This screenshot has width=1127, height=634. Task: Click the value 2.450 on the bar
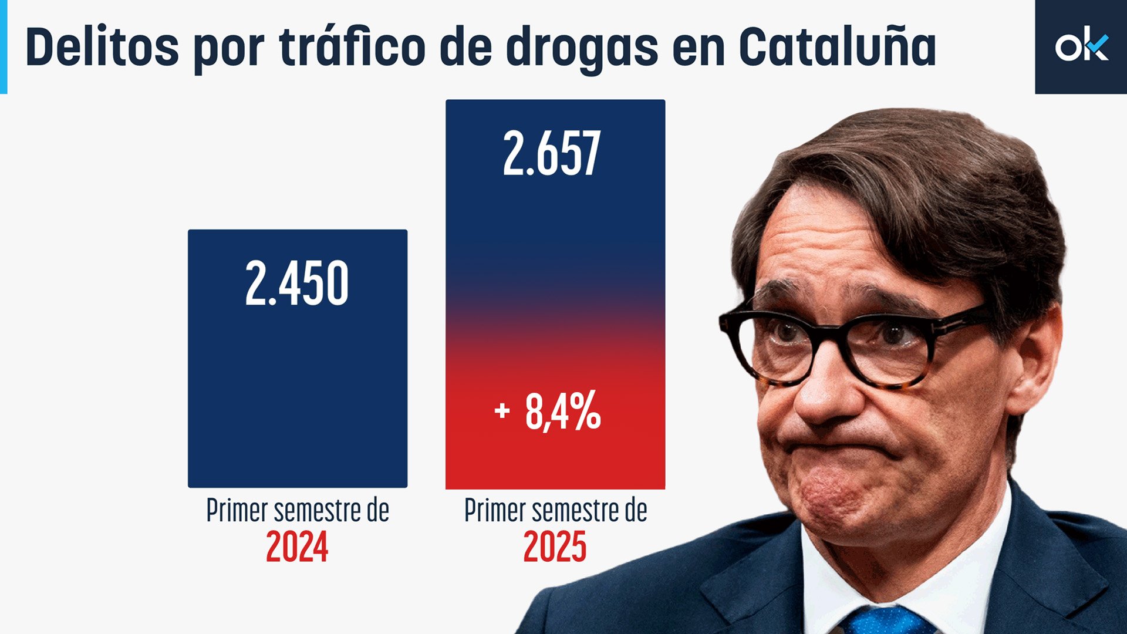[x=296, y=284]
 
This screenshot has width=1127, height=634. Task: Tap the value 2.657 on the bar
[x=552, y=154]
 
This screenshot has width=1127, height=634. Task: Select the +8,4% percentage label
[x=548, y=411]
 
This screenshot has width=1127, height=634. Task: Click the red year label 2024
[x=296, y=548]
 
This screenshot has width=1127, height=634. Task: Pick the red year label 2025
[x=555, y=548]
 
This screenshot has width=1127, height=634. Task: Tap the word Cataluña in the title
[x=837, y=47]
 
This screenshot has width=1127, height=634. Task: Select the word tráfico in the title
[x=352, y=47]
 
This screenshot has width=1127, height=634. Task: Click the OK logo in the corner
[x=1081, y=47]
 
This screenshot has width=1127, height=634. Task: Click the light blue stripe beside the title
[x=3, y=47]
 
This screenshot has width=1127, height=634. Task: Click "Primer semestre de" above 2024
[x=298, y=510]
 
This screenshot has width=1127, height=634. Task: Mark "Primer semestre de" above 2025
[x=555, y=510]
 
